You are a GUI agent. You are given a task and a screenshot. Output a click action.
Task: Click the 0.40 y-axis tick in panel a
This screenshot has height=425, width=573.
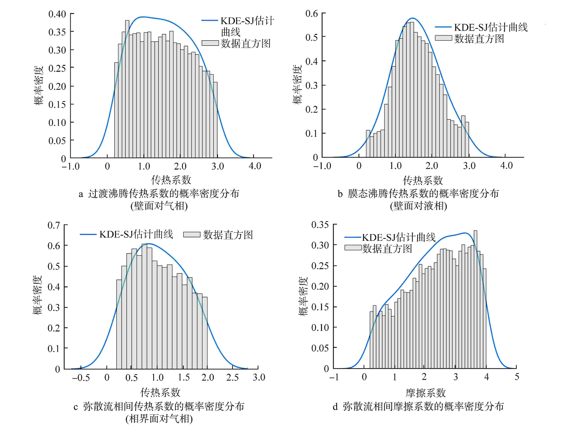(x=57, y=14)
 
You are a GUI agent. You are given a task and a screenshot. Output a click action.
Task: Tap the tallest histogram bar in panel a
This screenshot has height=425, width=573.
(x=127, y=89)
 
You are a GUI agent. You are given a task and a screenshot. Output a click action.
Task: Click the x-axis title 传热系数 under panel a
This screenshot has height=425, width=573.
(x=171, y=180)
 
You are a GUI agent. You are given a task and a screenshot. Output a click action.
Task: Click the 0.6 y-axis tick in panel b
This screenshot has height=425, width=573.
(x=312, y=14)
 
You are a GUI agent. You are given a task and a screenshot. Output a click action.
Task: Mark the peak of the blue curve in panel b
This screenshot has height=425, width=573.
(x=412, y=18)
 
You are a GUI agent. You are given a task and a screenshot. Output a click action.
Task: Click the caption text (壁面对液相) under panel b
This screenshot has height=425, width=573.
(x=418, y=206)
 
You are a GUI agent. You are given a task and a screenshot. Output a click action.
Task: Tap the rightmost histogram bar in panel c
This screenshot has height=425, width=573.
(x=205, y=333)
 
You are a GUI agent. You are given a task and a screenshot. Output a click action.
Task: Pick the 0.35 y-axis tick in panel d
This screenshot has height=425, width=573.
(x=320, y=225)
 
